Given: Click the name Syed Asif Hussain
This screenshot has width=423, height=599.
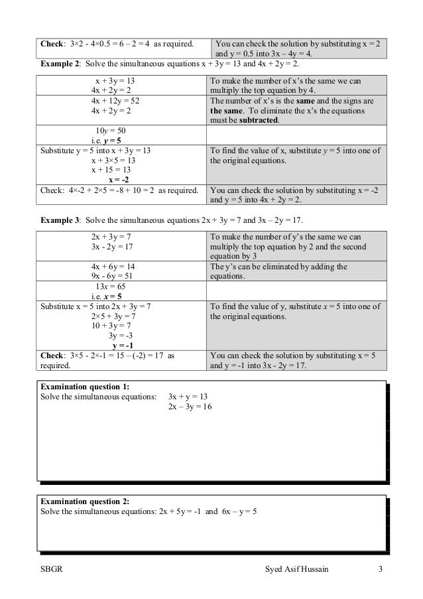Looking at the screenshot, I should pos(296,570).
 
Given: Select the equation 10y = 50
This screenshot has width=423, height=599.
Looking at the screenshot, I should pos(107,131).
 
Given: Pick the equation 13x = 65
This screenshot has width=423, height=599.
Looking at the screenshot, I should pos(107,287).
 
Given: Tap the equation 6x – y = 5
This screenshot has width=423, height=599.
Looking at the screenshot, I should pos(237,512).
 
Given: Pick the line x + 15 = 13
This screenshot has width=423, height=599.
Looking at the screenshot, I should pos(113,169).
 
